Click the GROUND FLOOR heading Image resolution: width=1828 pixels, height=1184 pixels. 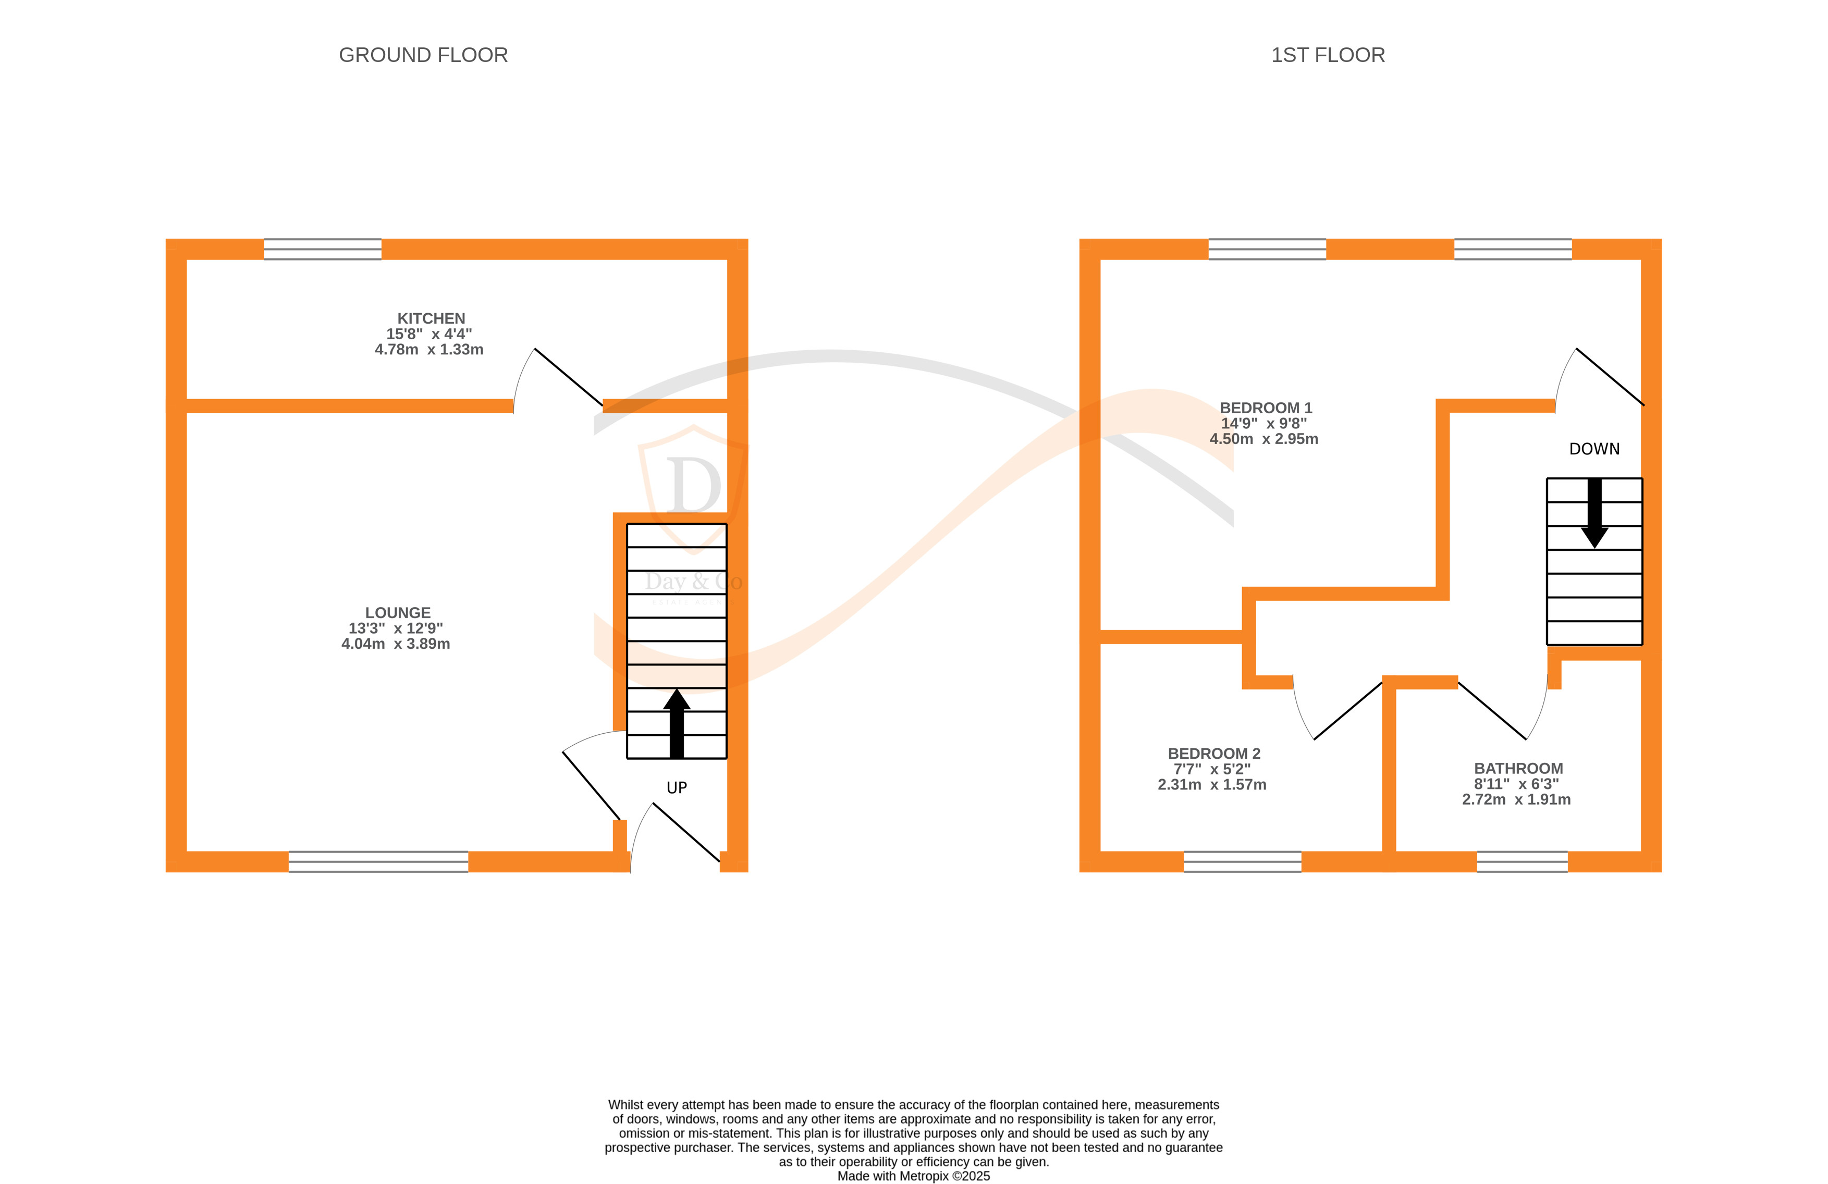[423, 55]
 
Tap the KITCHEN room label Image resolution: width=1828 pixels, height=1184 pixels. [431, 318]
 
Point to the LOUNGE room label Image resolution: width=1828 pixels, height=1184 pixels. [397, 613]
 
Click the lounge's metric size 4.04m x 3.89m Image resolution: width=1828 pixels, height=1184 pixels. [396, 644]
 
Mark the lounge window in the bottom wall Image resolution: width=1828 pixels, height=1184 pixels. [378, 861]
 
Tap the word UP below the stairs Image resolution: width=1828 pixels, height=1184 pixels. [677, 788]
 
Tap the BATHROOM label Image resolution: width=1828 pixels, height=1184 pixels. [1518, 769]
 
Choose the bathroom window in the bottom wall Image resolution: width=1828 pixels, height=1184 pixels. [1522, 861]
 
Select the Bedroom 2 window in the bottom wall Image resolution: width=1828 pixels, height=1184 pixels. [1242, 861]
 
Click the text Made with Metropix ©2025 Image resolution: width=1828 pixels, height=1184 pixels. [913, 1176]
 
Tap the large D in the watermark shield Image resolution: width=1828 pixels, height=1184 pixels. [694, 485]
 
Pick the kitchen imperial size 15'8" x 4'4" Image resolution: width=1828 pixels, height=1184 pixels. [428, 334]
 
